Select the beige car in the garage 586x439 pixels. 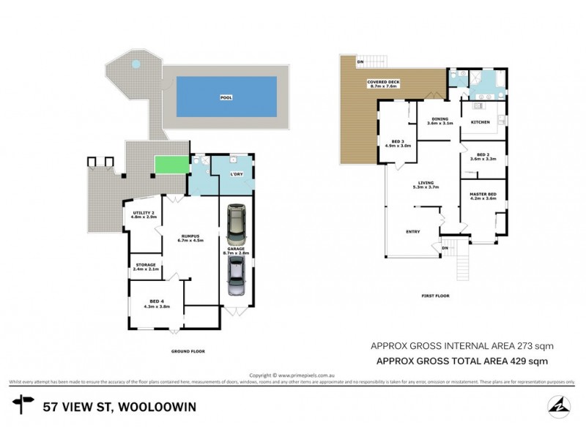[236, 225]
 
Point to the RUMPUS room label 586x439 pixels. [189, 236]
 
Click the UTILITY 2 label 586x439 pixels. [144, 215]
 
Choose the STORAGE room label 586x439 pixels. [146, 268]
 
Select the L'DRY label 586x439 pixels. [236, 173]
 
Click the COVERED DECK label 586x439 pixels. [382, 83]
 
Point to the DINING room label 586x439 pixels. [439, 121]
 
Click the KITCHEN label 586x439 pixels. [480, 121]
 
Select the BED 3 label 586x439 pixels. [397, 143]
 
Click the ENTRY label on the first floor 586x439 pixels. [413, 232]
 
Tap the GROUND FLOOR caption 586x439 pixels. [188, 351]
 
